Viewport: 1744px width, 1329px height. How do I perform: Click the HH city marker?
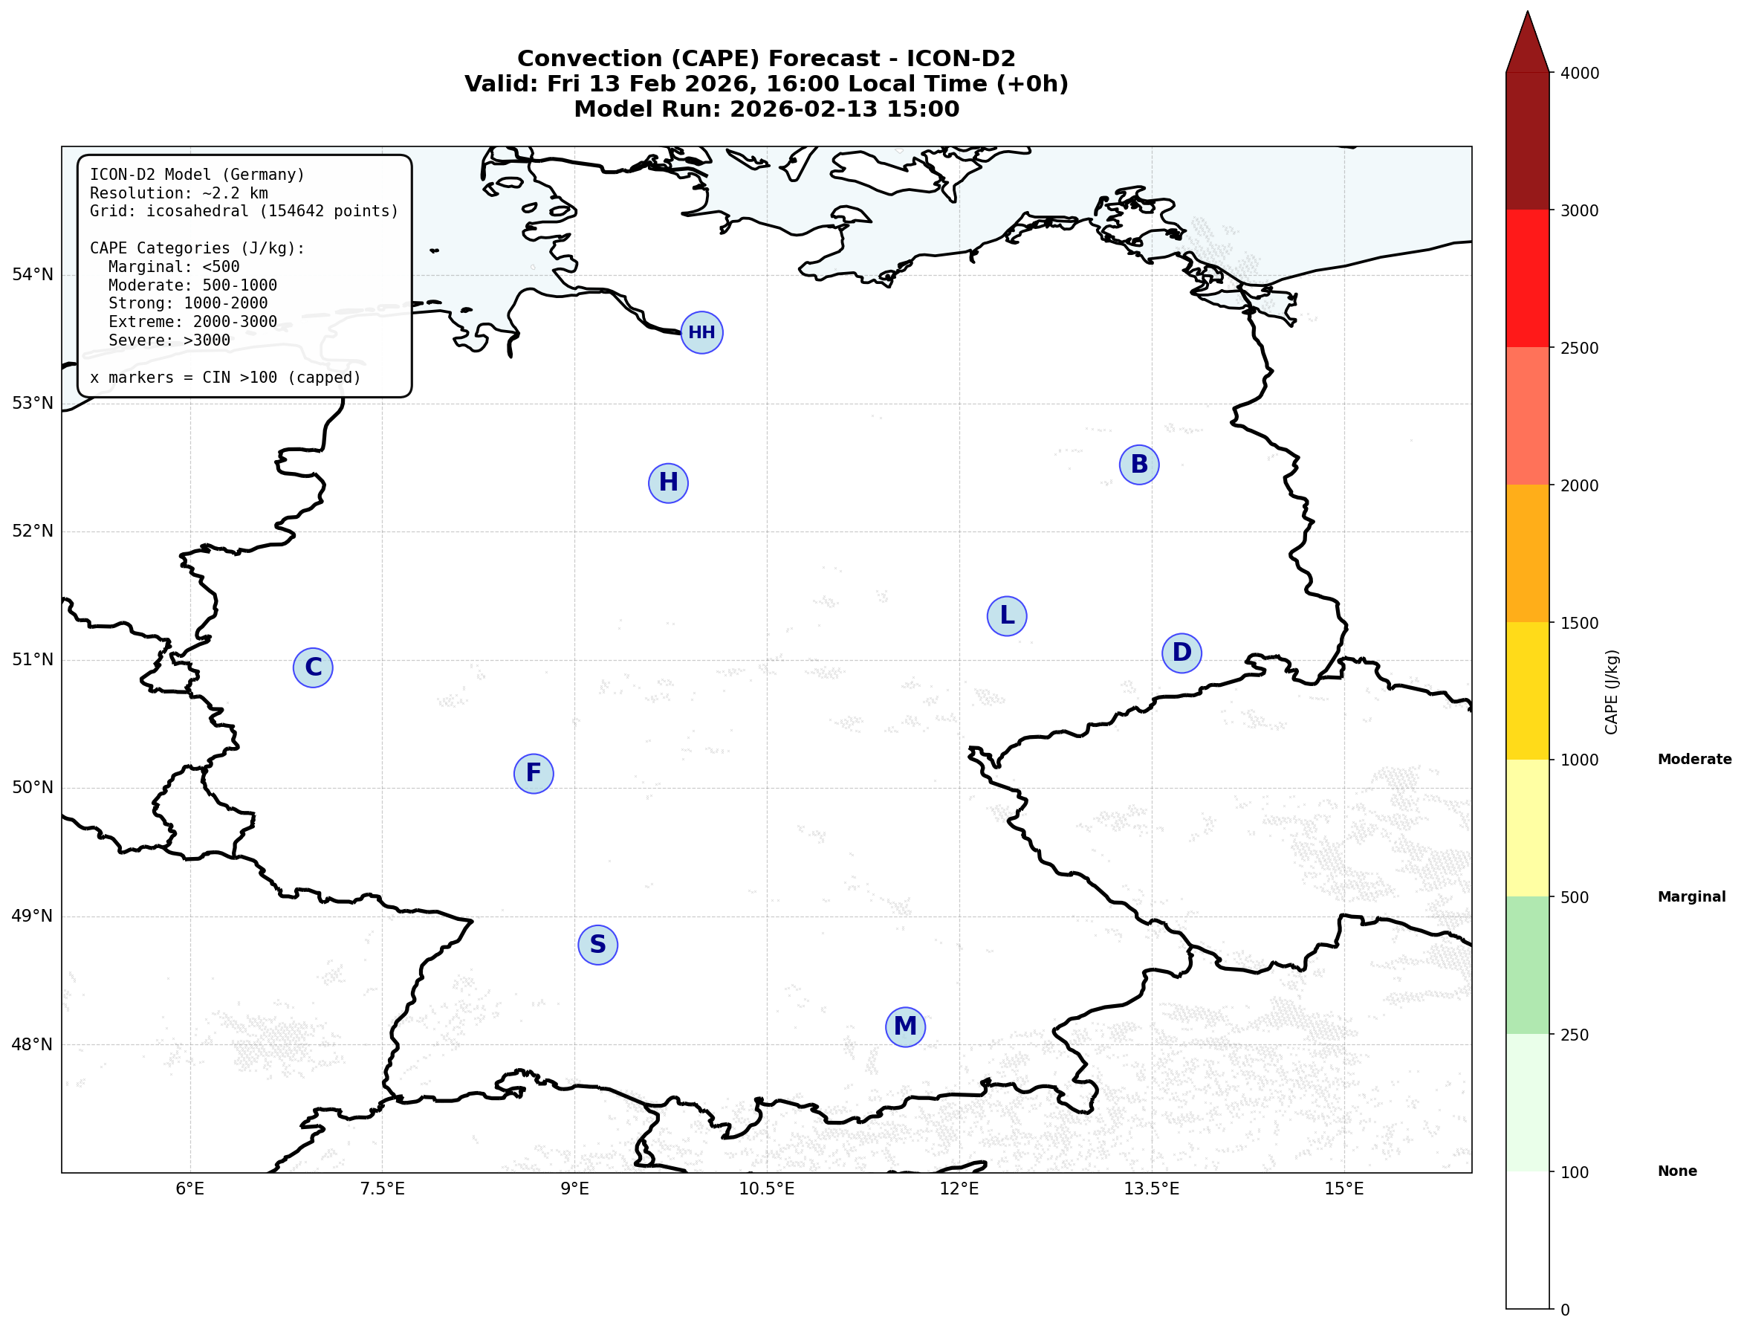701,332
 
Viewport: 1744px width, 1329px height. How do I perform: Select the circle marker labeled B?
1139,465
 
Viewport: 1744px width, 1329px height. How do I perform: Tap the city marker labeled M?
905,1026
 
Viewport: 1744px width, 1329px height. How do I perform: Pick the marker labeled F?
534,773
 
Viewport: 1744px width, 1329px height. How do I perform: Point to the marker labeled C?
314,667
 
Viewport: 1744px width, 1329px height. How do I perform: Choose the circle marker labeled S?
598,945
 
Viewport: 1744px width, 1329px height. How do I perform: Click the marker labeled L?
1007,615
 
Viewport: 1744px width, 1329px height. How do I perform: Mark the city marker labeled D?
1181,653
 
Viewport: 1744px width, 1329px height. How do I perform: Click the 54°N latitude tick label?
33,274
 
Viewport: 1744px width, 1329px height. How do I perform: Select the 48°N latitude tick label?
33,1044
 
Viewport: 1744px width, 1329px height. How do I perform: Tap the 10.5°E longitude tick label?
766,1189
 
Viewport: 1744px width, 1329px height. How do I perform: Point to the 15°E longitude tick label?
1343,1189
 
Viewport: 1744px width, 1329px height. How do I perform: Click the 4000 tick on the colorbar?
1579,74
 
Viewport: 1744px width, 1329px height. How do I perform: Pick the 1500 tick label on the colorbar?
1579,624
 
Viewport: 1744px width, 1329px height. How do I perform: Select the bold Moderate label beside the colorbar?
1694,760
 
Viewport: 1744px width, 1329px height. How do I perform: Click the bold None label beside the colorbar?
1677,1171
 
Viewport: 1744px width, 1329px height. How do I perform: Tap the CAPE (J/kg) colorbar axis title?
1611,692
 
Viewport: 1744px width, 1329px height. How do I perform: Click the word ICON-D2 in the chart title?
960,59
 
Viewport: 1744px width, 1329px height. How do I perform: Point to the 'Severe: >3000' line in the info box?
169,341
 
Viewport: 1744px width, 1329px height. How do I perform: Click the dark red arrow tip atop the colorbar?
1527,39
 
